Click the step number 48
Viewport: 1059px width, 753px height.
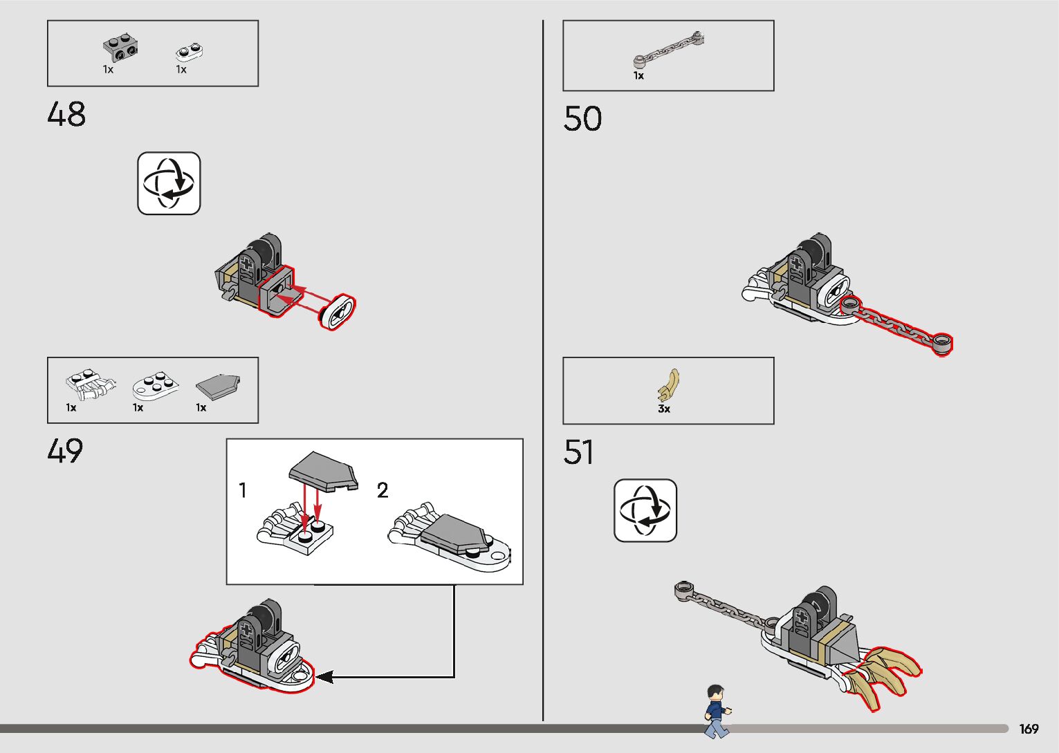point(66,115)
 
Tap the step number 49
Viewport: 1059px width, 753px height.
point(65,452)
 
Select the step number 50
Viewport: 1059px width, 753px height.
point(582,119)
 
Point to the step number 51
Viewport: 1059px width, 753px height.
point(579,453)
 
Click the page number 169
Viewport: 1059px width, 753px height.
point(1029,729)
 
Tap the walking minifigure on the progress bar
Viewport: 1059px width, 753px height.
point(717,711)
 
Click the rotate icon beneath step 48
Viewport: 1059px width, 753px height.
point(169,183)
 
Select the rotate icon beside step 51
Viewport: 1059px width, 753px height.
point(645,510)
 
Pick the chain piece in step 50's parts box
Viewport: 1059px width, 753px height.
point(670,50)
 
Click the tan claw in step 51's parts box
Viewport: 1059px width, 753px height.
point(670,384)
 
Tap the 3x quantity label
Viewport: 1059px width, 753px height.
point(664,409)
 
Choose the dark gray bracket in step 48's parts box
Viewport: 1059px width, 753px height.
point(120,48)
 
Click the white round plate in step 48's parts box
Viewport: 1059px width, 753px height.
point(189,51)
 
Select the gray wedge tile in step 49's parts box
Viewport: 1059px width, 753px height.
point(218,387)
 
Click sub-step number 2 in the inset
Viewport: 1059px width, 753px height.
point(383,490)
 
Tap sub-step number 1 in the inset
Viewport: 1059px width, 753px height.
point(242,490)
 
